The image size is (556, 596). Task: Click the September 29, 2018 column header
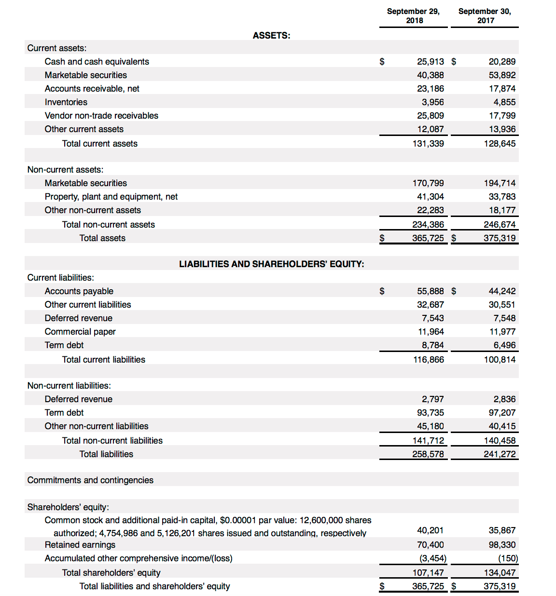pyautogui.click(x=413, y=15)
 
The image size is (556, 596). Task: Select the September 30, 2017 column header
pyautogui.click(x=485, y=15)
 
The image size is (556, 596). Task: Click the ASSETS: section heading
pyautogui.click(x=271, y=36)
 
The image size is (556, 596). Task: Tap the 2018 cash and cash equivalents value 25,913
pyautogui.click(x=430, y=62)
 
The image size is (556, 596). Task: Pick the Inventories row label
pyautogui.click(x=66, y=102)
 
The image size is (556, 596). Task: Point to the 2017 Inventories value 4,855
pyautogui.click(x=504, y=102)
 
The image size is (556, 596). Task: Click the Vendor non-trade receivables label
pyautogui.click(x=101, y=116)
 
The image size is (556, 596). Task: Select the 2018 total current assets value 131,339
pyautogui.click(x=428, y=144)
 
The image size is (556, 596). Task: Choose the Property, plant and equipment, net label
pyautogui.click(x=111, y=197)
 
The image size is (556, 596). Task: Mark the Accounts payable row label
pyautogui.click(x=79, y=291)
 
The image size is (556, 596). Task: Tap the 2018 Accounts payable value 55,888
pyautogui.click(x=430, y=291)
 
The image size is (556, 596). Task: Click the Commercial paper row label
pyautogui.click(x=80, y=332)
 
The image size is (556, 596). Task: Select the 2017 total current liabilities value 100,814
pyautogui.click(x=500, y=360)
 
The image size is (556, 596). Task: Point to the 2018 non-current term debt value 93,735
pyautogui.click(x=430, y=413)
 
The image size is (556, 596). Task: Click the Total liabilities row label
pyautogui.click(x=106, y=454)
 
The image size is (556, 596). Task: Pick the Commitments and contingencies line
pyautogui.click(x=90, y=480)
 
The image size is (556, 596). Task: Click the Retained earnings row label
pyautogui.click(x=80, y=545)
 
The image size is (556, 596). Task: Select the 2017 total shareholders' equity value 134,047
pyautogui.click(x=500, y=573)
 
